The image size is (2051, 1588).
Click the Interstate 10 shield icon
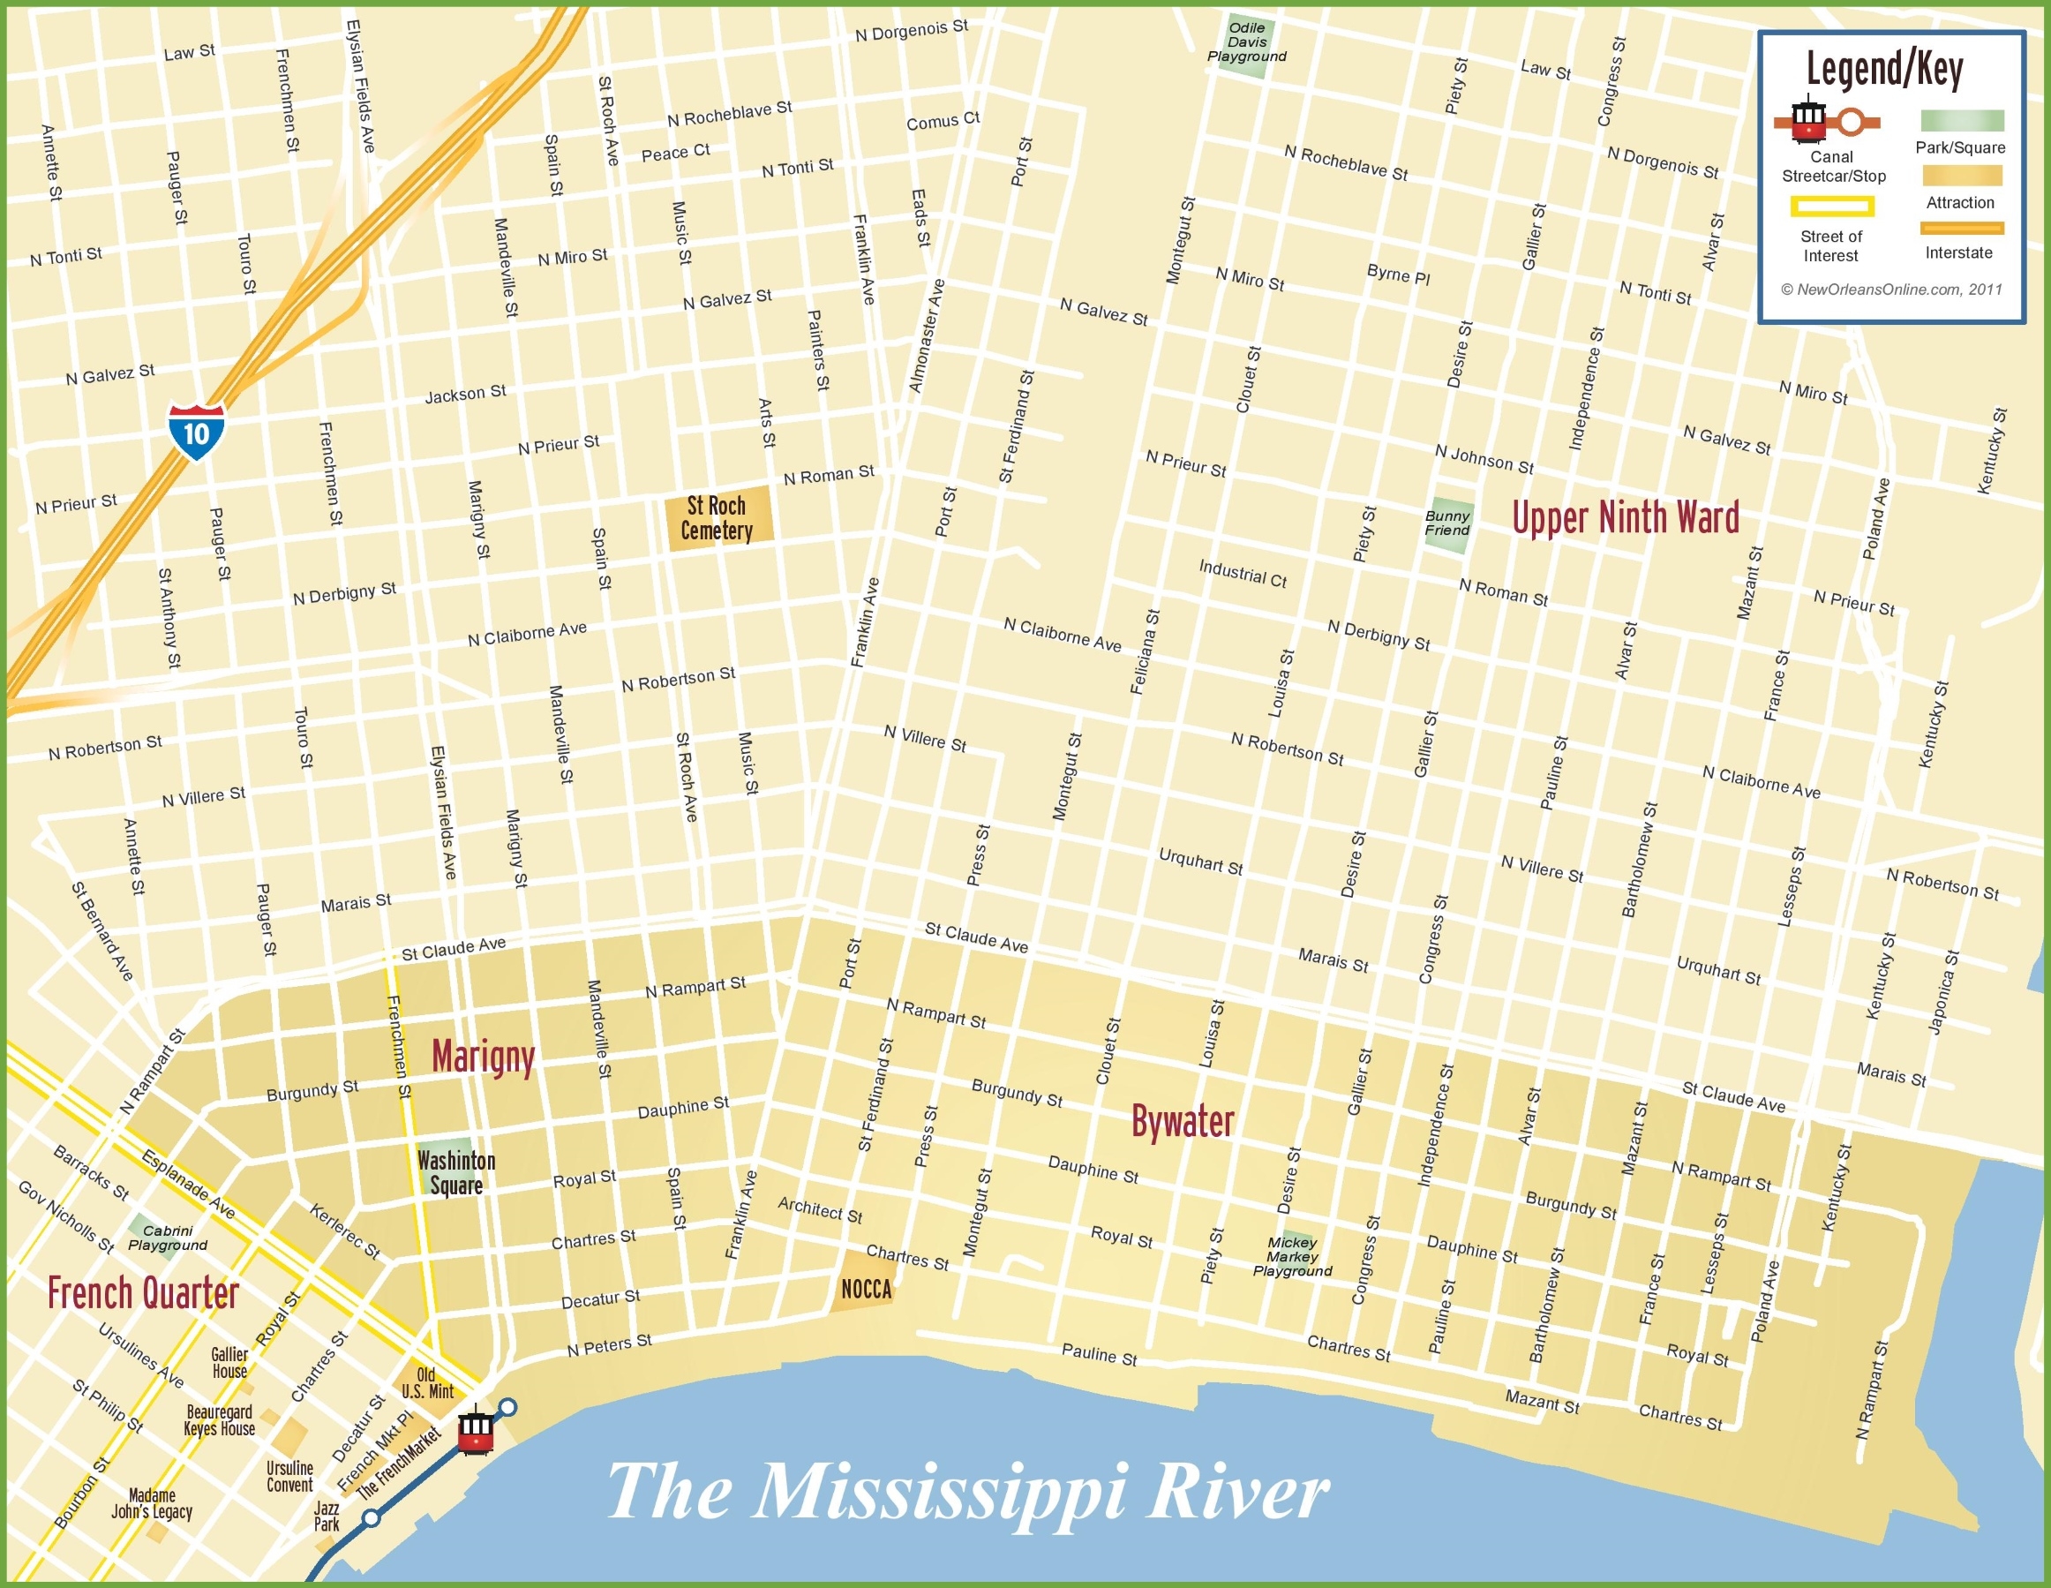[196, 432]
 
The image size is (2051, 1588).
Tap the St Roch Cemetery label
[717, 518]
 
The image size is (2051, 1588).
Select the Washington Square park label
[456, 1172]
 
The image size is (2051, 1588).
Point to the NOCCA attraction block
[866, 1289]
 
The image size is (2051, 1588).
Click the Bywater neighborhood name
[1183, 1121]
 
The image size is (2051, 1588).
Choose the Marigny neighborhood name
[483, 1057]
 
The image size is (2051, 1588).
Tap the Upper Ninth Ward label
[1626, 518]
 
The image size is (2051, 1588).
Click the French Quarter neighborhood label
[144, 1293]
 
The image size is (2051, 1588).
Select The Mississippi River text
[967, 1491]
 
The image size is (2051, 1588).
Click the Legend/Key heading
[1885, 70]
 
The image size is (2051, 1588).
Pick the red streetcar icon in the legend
[1807, 119]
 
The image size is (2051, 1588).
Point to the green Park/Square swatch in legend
[1962, 120]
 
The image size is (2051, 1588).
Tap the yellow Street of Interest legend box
[1832, 206]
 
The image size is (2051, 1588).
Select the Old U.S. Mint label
[426, 1383]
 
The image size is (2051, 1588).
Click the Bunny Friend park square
[1447, 523]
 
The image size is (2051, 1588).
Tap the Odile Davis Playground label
[1247, 42]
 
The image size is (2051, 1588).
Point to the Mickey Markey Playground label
[1292, 1256]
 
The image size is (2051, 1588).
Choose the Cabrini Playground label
[167, 1238]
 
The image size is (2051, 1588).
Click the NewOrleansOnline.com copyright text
[1891, 290]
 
